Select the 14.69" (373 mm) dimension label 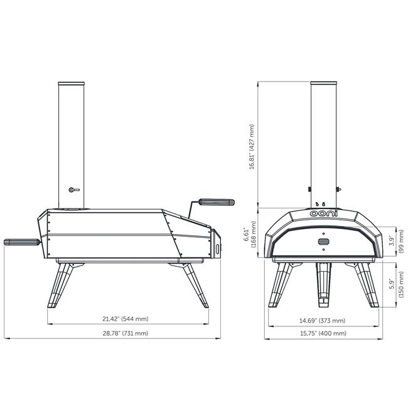point(323,320)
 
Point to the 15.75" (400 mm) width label point(323,333)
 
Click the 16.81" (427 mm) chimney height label point(251,146)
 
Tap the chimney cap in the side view point(72,83)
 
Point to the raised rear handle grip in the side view point(217,202)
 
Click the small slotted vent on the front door point(323,242)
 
